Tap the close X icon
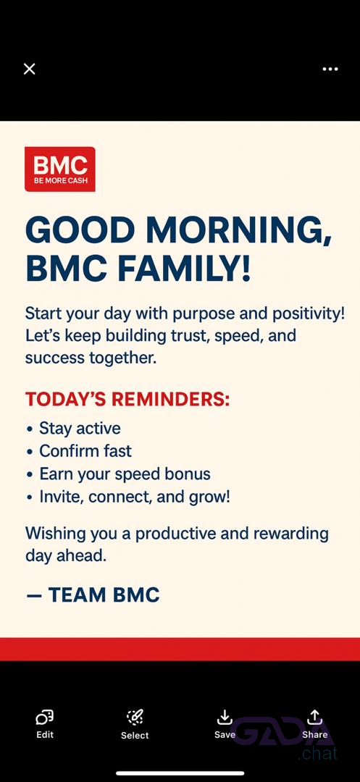tap(30, 69)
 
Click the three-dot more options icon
tap(330, 69)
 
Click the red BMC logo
tap(60, 169)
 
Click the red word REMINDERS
tap(170, 400)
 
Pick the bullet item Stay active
tap(80, 429)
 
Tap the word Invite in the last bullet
tap(57, 497)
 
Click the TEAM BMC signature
tap(104, 595)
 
